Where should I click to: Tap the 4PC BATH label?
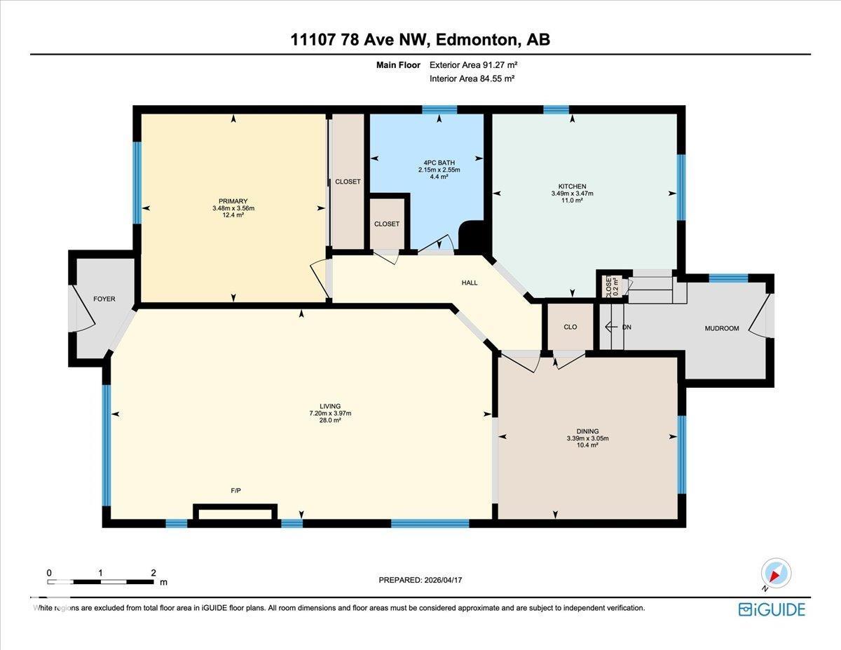[x=439, y=163]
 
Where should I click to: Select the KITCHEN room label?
[x=572, y=187]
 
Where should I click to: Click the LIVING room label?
[x=329, y=406]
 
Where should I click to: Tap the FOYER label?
[x=104, y=299]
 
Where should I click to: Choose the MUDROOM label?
[x=721, y=328]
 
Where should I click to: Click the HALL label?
[x=470, y=283]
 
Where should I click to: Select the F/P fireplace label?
[x=236, y=491]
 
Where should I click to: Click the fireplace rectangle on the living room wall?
[x=234, y=514]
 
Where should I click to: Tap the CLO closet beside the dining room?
[x=570, y=327]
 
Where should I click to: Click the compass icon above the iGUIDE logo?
[x=775, y=573]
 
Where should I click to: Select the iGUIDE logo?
[x=772, y=609]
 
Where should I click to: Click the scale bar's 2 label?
[x=153, y=573]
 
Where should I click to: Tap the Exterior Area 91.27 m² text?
[x=473, y=65]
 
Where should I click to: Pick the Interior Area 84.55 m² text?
[x=472, y=79]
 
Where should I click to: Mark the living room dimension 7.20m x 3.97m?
[x=329, y=413]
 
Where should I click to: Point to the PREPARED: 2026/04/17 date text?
[x=420, y=580]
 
